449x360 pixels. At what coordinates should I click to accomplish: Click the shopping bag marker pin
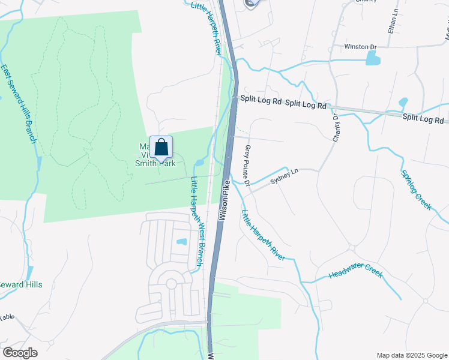pyautogui.click(x=161, y=148)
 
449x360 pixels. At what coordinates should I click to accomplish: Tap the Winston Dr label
pyautogui.click(x=360, y=47)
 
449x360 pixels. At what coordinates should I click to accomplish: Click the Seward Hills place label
pyautogui.click(x=21, y=284)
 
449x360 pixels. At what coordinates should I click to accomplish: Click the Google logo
pyautogui.click(x=21, y=352)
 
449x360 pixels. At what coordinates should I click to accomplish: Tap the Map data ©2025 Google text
pyautogui.click(x=411, y=355)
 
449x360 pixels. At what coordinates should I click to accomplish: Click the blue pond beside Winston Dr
pyautogui.click(x=373, y=58)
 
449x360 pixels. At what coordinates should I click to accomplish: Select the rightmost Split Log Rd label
pyautogui.click(x=423, y=119)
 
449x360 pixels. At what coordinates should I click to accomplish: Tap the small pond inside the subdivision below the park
pyautogui.click(x=181, y=242)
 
